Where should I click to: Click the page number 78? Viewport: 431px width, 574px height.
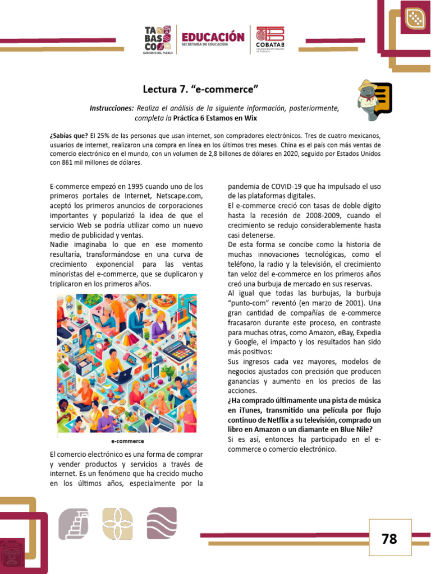pos(389,539)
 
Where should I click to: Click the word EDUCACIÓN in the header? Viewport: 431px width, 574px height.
pos(213,37)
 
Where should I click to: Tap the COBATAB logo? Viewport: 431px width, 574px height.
pos(270,40)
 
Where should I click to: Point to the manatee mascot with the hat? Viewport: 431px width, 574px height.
pos(368,99)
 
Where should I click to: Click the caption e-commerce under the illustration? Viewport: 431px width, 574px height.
pos(127,441)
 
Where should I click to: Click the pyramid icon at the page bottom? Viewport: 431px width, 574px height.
pos(74,524)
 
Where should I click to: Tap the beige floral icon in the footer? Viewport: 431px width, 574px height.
pos(117,524)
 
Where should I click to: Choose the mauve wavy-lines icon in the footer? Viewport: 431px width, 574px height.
pos(162,524)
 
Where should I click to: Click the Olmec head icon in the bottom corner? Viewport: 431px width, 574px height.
pos(13,554)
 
